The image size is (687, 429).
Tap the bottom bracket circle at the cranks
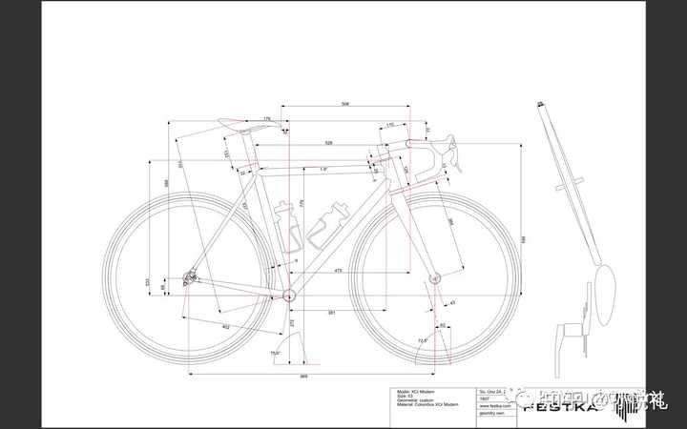(x=288, y=296)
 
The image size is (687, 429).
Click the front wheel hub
(x=434, y=279)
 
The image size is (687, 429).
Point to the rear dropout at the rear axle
(x=190, y=277)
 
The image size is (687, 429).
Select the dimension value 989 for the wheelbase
(x=303, y=377)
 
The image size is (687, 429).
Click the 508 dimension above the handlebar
(x=343, y=103)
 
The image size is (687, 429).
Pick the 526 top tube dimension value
(x=328, y=143)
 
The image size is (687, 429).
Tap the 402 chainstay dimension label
(x=225, y=327)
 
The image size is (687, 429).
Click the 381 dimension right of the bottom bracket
(x=331, y=313)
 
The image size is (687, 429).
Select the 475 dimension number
(x=338, y=272)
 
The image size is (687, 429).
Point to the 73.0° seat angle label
(x=275, y=354)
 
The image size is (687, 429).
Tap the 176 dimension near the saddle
(x=267, y=119)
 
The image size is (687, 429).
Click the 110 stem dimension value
(x=389, y=125)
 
